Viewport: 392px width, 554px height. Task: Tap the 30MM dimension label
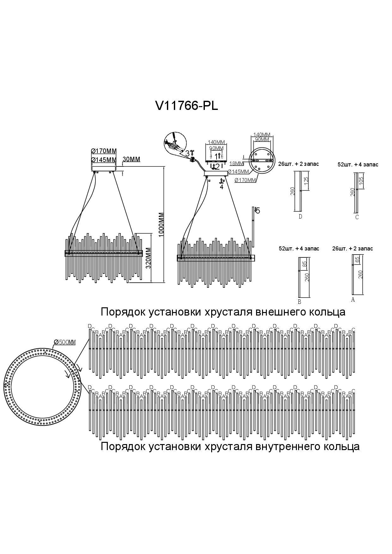[131, 160]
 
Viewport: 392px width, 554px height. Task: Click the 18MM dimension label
[236, 164]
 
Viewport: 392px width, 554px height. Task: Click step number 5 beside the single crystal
[258, 211]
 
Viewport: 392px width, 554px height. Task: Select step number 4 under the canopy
[222, 187]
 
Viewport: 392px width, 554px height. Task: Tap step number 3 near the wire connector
[187, 154]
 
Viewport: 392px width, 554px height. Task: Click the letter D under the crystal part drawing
[300, 216]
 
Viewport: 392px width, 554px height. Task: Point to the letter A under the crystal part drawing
[353, 300]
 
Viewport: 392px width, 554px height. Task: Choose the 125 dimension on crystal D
[306, 181]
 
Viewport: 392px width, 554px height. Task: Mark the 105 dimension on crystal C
[361, 181]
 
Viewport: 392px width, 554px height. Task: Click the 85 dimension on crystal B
[305, 264]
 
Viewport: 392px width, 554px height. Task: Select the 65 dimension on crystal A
[357, 260]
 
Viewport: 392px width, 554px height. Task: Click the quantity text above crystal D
[298, 164]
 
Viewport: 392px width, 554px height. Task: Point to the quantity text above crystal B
[299, 249]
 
